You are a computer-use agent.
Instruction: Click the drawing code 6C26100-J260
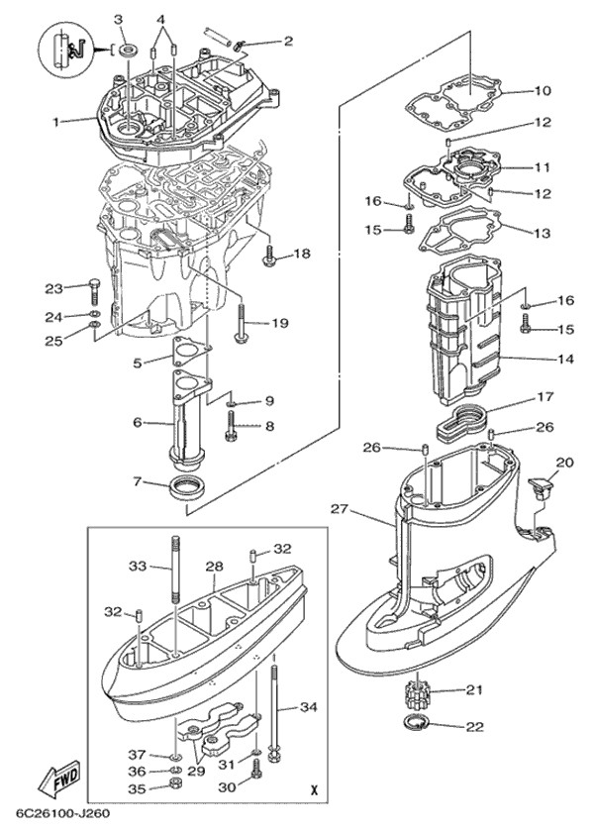click(x=61, y=815)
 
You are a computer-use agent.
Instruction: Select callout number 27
click(x=339, y=510)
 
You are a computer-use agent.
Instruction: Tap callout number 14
click(x=565, y=358)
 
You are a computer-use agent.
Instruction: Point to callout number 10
click(x=542, y=91)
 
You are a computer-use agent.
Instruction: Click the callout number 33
click(x=138, y=567)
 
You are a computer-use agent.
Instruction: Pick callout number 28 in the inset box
click(x=214, y=566)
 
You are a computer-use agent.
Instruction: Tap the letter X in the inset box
click(x=314, y=790)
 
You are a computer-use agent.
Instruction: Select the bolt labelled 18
click(x=270, y=256)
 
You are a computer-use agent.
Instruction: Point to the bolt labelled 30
click(x=255, y=787)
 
